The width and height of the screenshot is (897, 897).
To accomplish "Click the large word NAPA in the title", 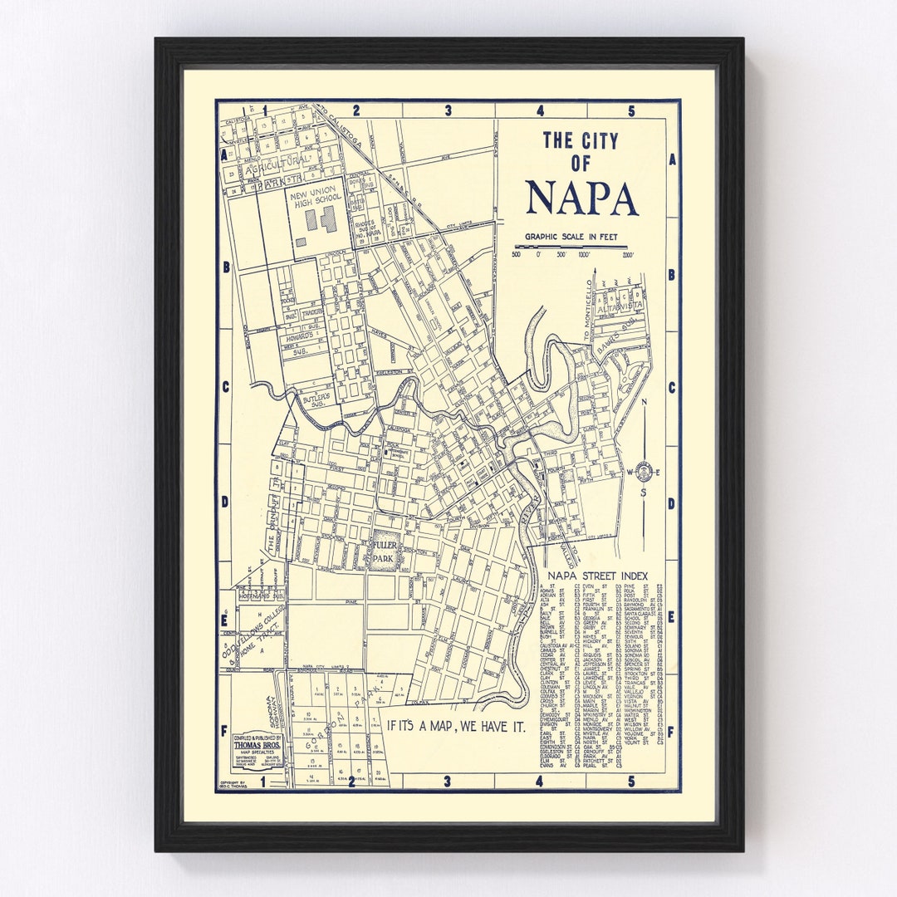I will pos(581,197).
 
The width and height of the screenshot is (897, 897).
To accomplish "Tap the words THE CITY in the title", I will pos(581,140).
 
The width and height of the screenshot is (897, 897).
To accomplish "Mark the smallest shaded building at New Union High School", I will pos(300,243).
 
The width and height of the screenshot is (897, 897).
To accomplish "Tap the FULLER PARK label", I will pos(385,551).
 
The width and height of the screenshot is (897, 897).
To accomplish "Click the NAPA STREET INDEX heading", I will pos(597,576).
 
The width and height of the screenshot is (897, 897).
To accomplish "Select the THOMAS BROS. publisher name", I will pos(257,744).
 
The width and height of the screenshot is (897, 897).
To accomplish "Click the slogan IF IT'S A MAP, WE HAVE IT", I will pos(462,724).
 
